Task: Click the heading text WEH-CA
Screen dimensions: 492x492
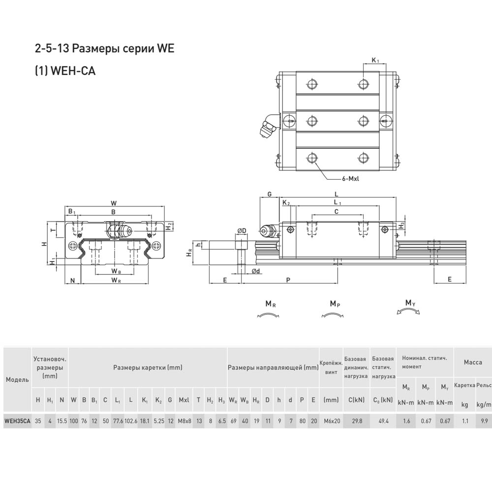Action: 73,71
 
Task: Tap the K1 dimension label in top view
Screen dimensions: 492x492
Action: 375,60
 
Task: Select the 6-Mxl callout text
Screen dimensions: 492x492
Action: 350,179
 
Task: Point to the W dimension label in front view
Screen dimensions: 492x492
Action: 114,203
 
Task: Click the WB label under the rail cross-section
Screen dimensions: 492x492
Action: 116,271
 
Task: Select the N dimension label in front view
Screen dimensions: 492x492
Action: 72,280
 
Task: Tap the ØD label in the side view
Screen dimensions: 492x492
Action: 242,231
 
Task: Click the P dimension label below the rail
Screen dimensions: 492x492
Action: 288,280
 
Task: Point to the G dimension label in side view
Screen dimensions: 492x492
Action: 269,194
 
